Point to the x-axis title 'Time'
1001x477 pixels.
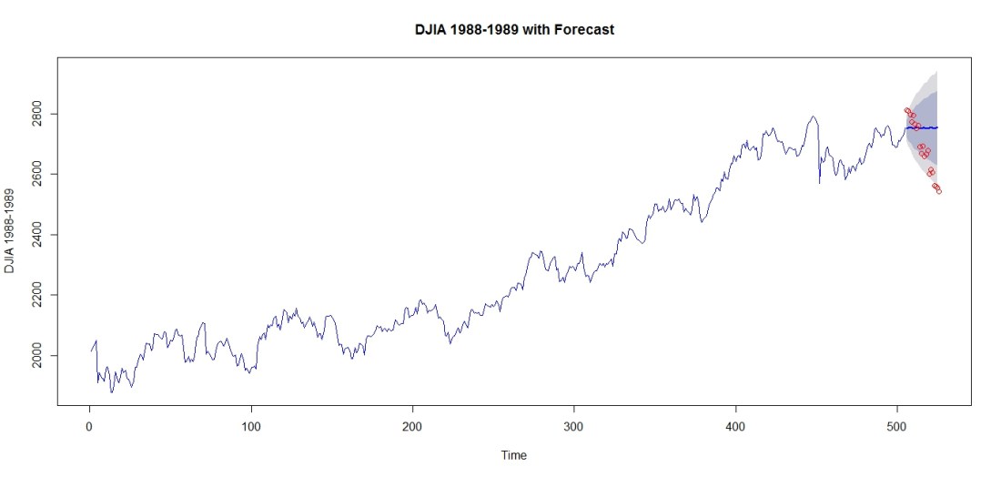[x=513, y=455]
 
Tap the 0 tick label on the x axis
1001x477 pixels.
[x=89, y=425]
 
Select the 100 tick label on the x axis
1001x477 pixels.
[x=251, y=425]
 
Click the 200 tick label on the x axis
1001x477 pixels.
[x=412, y=425]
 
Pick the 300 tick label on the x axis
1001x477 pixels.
[x=574, y=425]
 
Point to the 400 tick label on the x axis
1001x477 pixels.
[x=736, y=425]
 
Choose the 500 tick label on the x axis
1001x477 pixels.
[x=897, y=425]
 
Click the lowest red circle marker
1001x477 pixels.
[x=938, y=191]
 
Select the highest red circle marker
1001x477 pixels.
[x=906, y=110]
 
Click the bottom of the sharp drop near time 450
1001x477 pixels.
[x=819, y=183]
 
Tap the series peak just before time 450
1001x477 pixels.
[x=813, y=117]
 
